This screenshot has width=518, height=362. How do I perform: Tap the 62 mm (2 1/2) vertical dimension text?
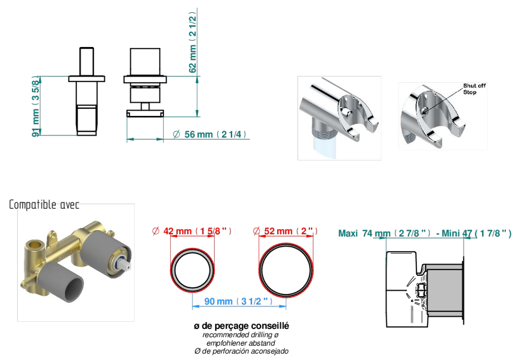click(193, 42)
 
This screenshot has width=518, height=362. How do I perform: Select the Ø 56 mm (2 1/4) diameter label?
click(209, 134)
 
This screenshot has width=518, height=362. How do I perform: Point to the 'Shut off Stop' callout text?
click(474, 89)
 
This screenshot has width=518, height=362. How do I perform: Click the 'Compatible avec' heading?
click(44, 205)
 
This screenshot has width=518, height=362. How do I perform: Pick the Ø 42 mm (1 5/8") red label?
click(192, 231)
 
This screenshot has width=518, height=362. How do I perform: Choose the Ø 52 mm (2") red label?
click(285, 231)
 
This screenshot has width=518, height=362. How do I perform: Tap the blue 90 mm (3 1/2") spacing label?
click(238, 302)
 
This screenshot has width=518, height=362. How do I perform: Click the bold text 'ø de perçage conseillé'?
click(241, 326)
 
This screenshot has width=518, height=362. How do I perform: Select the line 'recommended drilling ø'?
click(241, 335)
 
